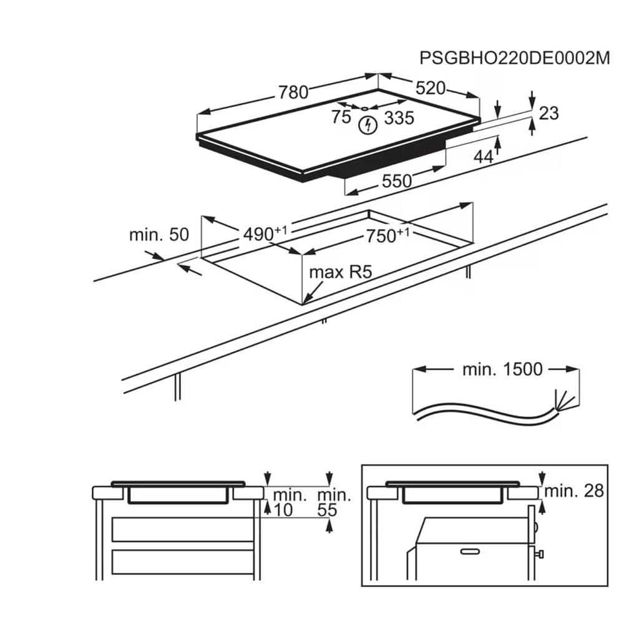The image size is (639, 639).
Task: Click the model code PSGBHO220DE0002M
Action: [x=514, y=58]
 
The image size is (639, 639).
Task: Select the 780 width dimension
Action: [x=293, y=92]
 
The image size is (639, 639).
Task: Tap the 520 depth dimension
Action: [x=431, y=88]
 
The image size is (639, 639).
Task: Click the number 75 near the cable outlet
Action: [x=341, y=117]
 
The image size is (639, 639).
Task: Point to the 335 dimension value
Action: [x=399, y=117]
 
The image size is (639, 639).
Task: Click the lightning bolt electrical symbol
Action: [x=369, y=125]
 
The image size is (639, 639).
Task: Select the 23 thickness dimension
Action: [x=549, y=113]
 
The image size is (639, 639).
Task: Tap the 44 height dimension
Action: [x=483, y=157]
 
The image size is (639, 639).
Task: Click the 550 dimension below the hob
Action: [x=397, y=181]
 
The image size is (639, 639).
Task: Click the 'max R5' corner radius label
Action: [x=340, y=272]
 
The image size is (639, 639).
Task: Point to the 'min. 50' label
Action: [x=159, y=235]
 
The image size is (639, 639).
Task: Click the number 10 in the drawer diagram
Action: [x=283, y=510]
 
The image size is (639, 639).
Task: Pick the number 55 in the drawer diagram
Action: [x=327, y=510]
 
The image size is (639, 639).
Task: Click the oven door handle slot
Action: [x=474, y=550]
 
